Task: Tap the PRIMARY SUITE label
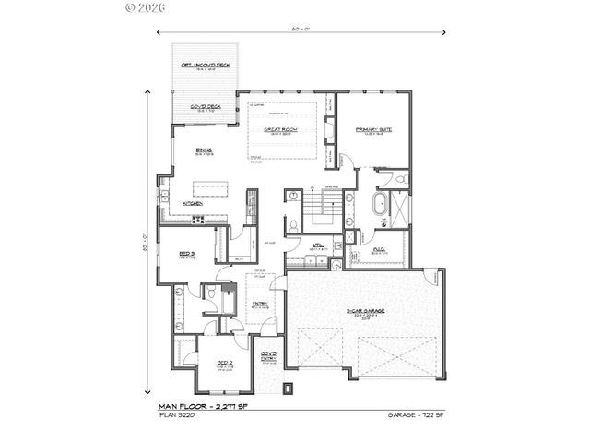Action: pos(378,130)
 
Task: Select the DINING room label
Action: pos(205,150)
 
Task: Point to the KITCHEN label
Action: pos(192,203)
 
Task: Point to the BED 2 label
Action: pos(224,363)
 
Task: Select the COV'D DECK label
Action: pos(205,108)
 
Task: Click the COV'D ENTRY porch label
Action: pos(268,355)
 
